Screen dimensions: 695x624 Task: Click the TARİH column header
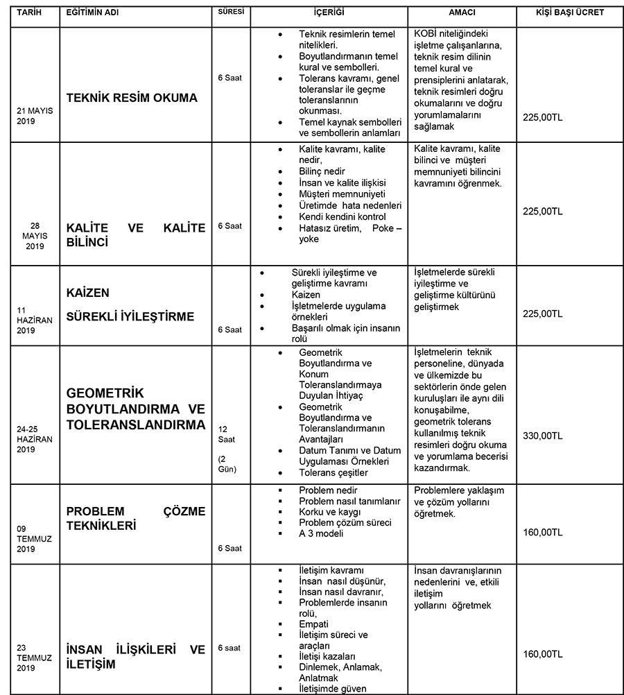(31, 12)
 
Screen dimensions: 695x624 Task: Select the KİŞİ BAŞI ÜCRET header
(570, 12)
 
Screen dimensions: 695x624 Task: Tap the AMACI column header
(462, 13)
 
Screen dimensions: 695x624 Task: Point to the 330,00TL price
(544, 436)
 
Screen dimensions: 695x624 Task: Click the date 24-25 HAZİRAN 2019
(31, 439)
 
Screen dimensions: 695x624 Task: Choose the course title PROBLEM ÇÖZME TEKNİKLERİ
(136, 519)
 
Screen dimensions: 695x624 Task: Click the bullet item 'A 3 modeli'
(321, 533)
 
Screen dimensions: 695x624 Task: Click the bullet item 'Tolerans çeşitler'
(333, 472)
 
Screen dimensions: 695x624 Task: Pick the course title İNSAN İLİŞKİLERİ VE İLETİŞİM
(136, 656)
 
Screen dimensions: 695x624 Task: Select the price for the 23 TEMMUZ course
(544, 654)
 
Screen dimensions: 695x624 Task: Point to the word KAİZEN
(88, 293)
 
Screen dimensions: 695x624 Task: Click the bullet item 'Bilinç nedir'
(322, 171)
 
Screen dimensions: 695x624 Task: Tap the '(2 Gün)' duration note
(227, 464)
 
